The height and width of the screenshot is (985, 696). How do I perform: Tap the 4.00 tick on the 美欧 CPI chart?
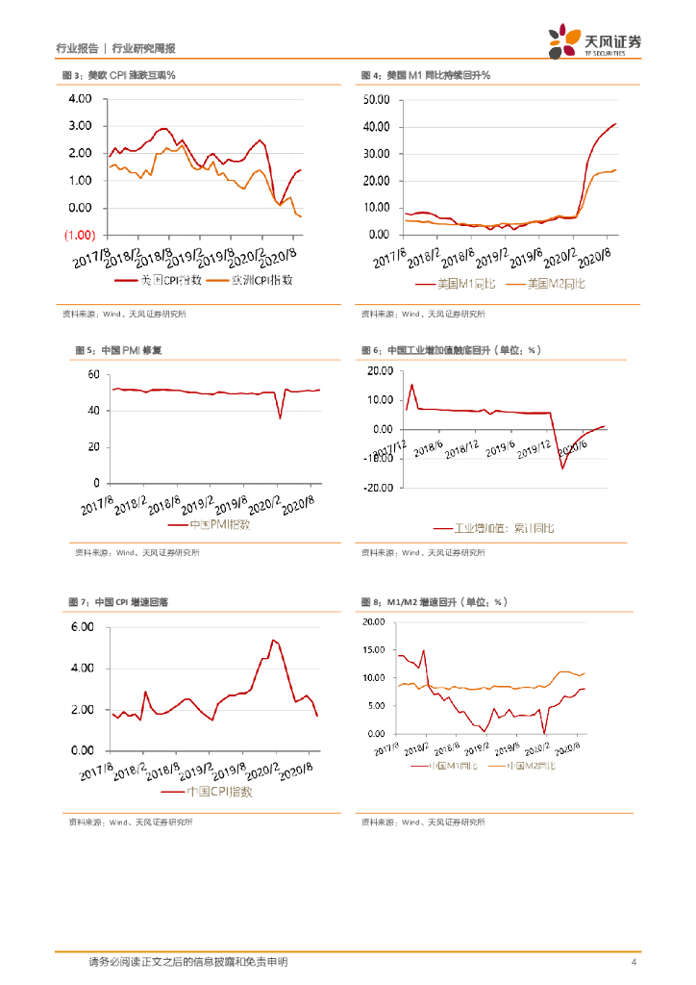tap(79, 99)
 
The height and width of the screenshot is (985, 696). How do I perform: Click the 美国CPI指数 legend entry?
tap(159, 279)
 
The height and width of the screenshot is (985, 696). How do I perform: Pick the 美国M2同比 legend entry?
tap(545, 284)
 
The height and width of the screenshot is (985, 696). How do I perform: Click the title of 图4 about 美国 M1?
tap(426, 75)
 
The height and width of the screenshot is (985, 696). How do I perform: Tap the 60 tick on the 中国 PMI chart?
tap(93, 374)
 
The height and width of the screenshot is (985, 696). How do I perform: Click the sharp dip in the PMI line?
tap(280, 417)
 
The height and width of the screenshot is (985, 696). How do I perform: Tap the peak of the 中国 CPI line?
tap(274, 640)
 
